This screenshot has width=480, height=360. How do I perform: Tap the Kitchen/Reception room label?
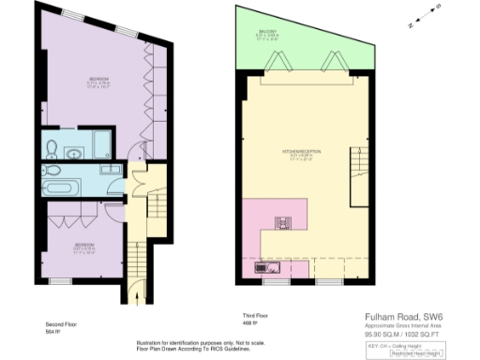pyautogui.click(x=299, y=152)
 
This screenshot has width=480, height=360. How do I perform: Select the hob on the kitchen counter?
pyautogui.click(x=281, y=223)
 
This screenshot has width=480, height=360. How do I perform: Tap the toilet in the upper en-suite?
pyautogui.click(x=52, y=145)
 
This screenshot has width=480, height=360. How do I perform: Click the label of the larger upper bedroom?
pyautogui.click(x=97, y=80)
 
